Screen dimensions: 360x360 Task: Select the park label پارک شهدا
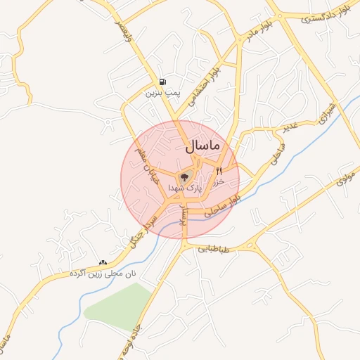[x=185, y=188]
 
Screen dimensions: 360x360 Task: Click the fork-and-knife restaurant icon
[x=219, y=170]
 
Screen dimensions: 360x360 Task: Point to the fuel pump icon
[x=163, y=82]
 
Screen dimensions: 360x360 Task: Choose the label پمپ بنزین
[x=163, y=92]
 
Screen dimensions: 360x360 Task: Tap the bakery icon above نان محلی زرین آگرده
[x=103, y=262]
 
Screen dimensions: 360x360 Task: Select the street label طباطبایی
[x=213, y=248]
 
